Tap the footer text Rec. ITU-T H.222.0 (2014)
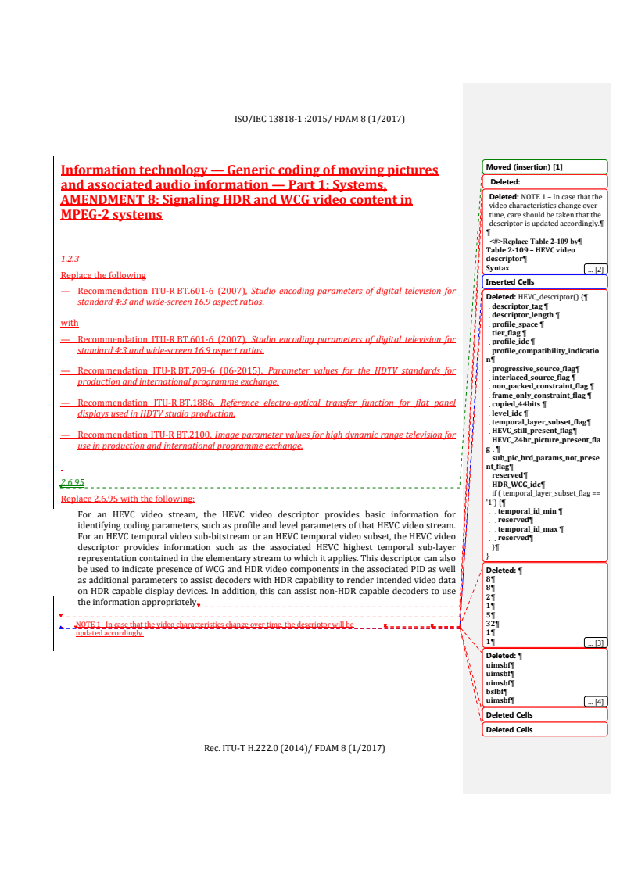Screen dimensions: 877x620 pos(259,748)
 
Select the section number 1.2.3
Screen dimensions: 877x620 pos(70,259)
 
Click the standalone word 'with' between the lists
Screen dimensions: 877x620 pos(70,323)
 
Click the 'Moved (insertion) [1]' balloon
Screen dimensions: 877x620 pos(545,167)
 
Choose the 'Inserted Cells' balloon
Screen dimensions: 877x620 pos(545,282)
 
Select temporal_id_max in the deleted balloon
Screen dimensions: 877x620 pos(528,529)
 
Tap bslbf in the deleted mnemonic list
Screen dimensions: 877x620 pos(496,692)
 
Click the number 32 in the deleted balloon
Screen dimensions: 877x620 pos(490,624)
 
